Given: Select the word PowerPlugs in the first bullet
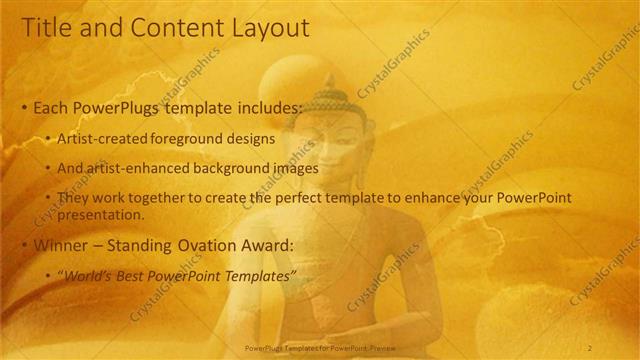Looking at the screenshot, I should pyautogui.click(x=113, y=107).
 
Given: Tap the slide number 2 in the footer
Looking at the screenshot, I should pyautogui.click(x=590, y=347).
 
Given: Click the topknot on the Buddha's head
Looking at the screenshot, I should pyautogui.click(x=330, y=82).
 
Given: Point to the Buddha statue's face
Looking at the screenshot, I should pyautogui.click(x=329, y=145).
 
